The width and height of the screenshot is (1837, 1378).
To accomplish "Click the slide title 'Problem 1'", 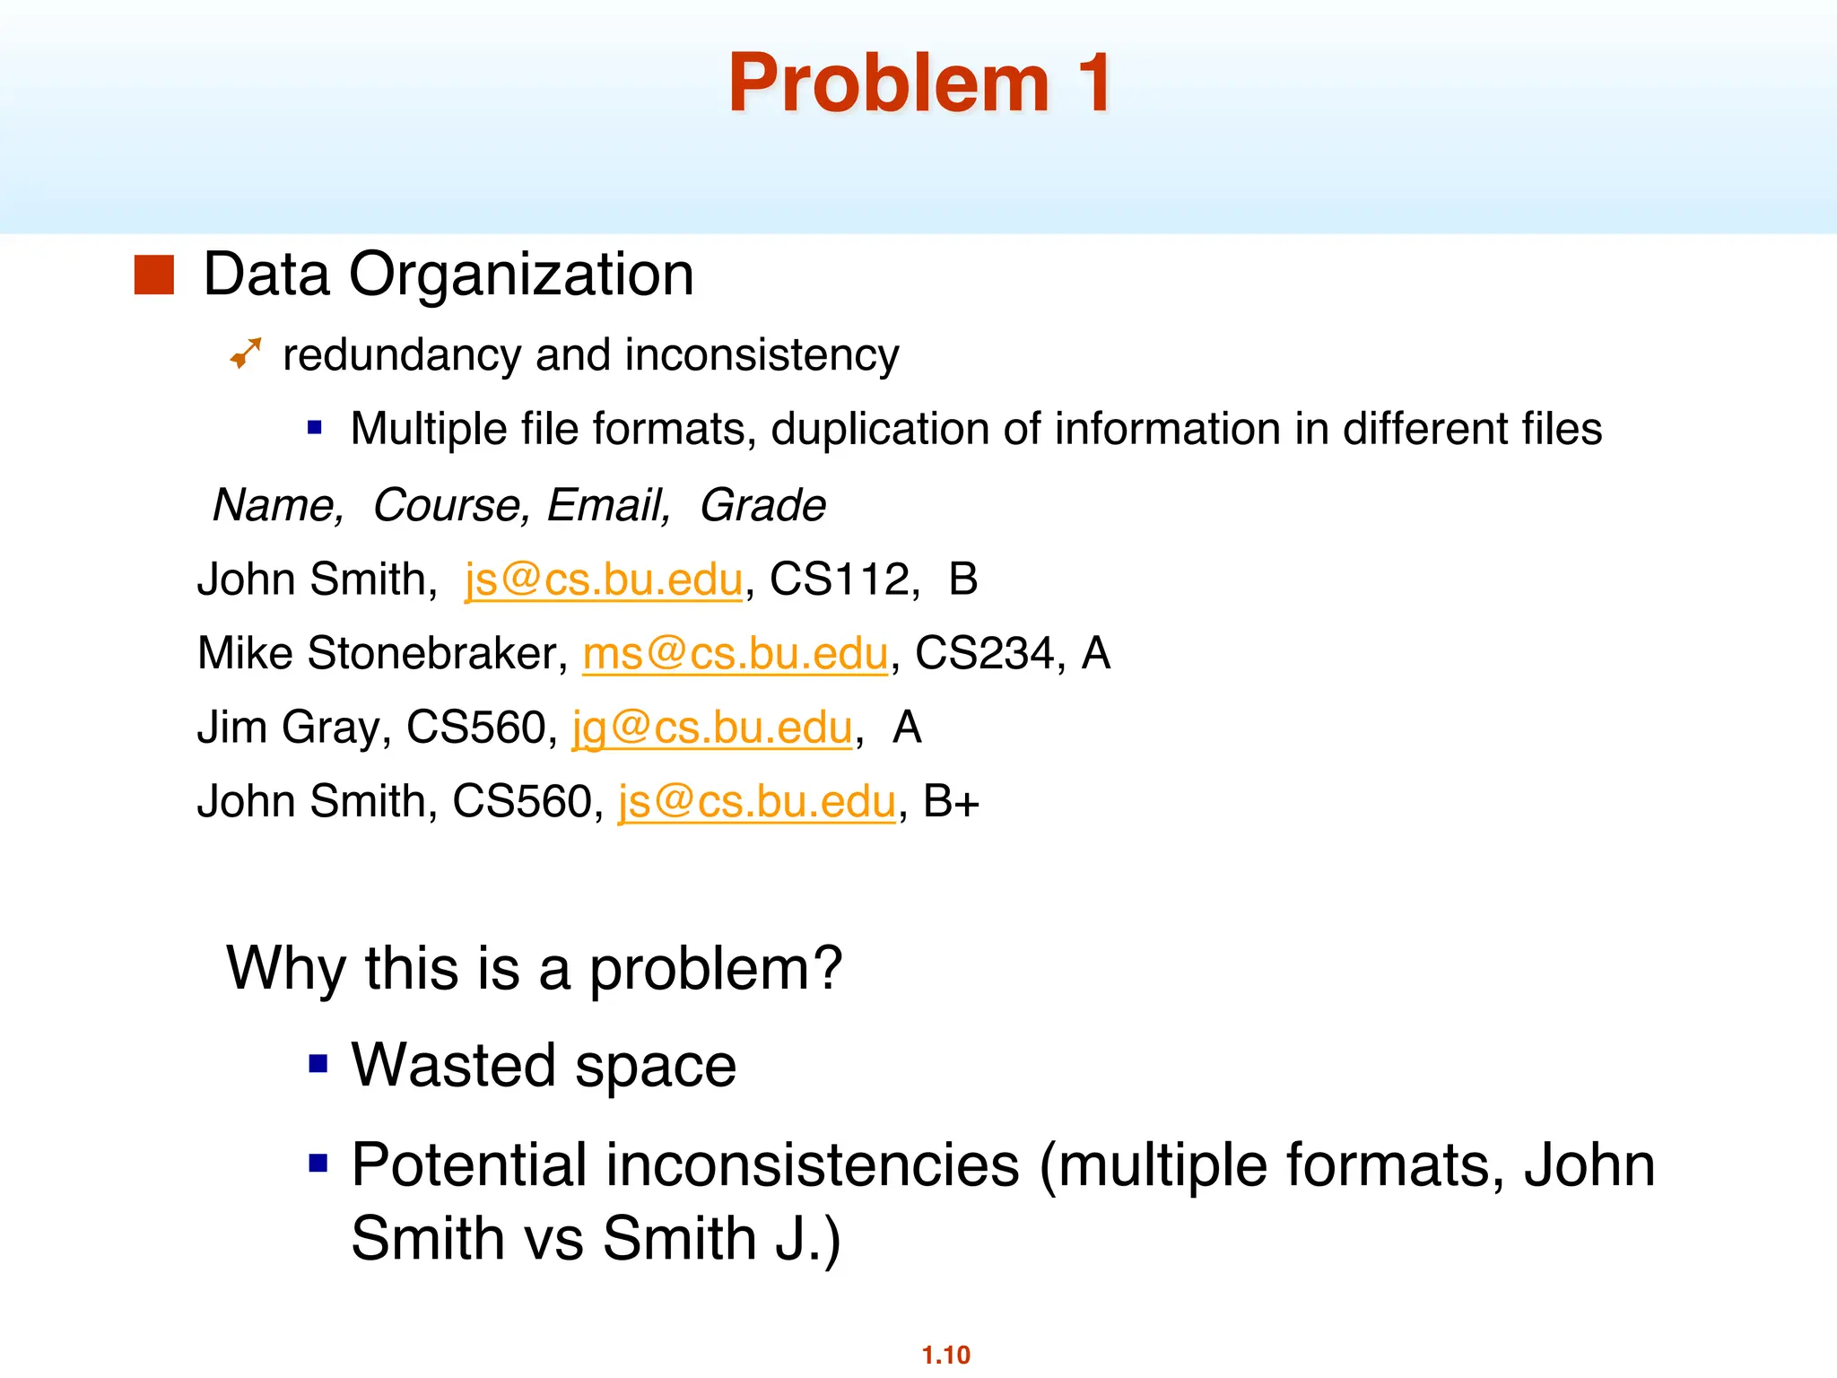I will point(919,83).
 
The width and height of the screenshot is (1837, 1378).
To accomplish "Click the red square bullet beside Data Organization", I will point(153,275).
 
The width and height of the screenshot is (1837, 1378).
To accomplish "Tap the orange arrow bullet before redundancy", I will point(245,353).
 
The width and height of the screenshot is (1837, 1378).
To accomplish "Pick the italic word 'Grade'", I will point(762,505).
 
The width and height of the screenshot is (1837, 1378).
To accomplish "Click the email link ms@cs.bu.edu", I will point(735,653).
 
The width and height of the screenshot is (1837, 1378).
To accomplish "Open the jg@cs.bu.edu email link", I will point(711,728).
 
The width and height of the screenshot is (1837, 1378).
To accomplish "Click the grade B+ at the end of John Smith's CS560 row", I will point(951,801).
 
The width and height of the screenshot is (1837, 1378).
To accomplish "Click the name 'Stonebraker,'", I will point(438,653).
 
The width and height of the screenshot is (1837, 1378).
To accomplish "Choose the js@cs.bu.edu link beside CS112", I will point(603,580).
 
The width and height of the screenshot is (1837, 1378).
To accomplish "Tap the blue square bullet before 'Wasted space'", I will point(318,1064).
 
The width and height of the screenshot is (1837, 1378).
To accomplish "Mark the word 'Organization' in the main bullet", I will point(521,275).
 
